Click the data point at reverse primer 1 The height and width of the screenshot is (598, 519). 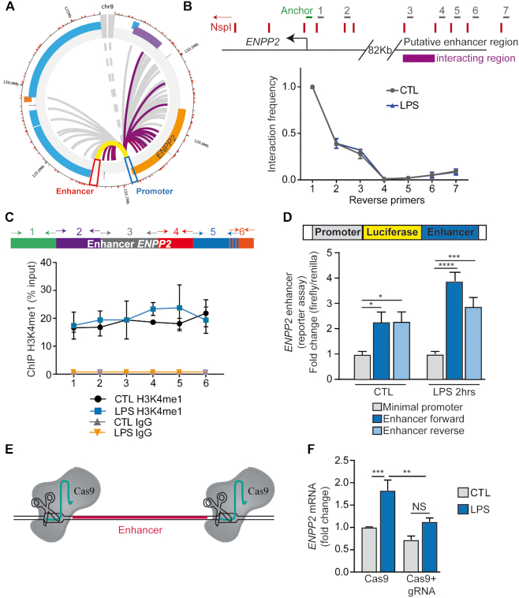click(313, 88)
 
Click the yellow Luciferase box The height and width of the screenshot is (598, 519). click(391, 234)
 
